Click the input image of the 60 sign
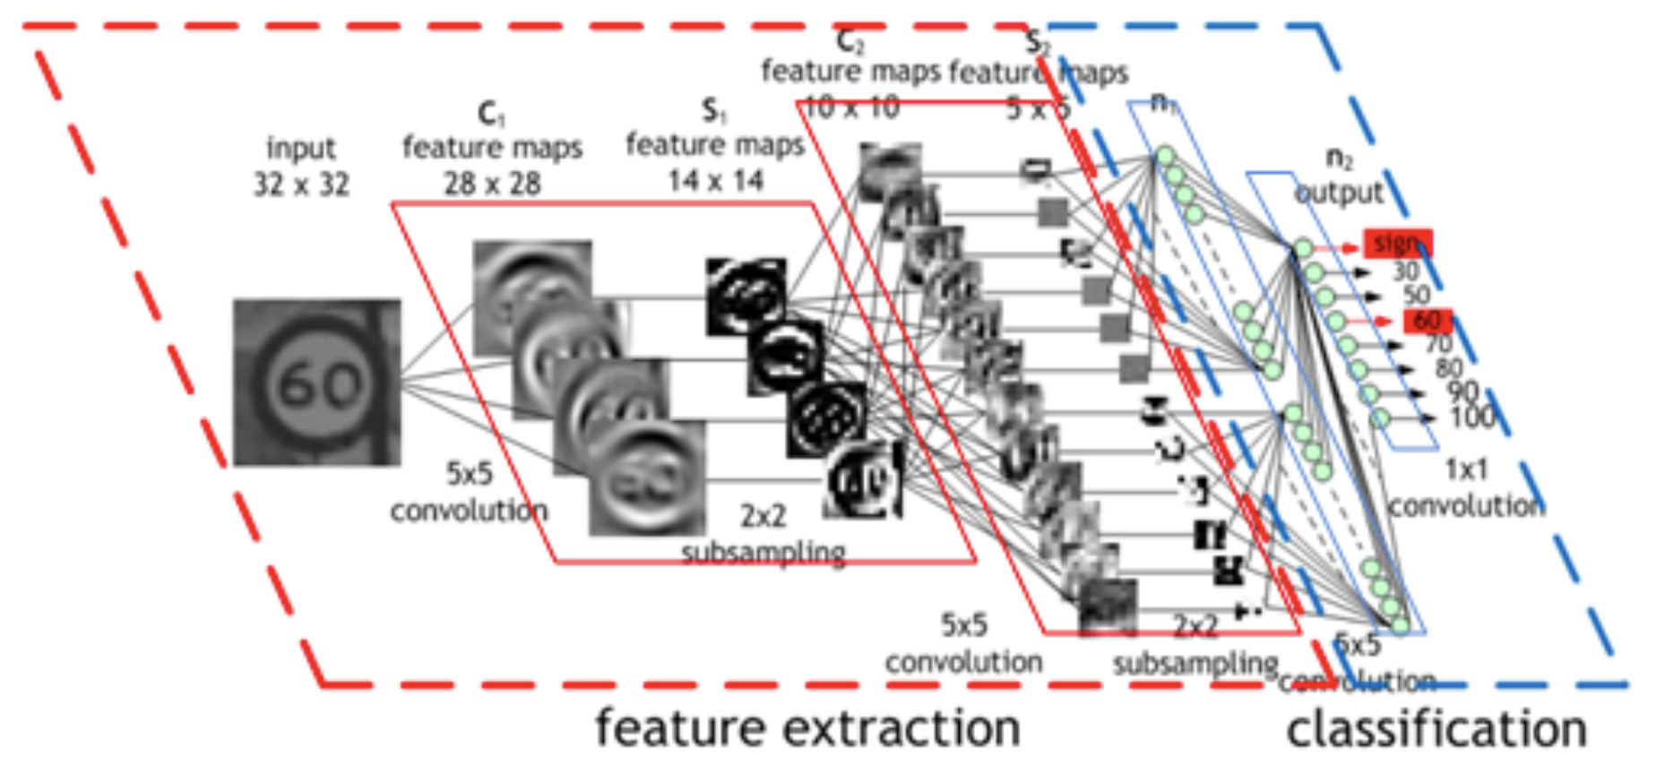pos(317,383)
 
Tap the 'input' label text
pos(301,148)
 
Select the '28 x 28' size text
pos(492,184)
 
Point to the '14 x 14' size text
pos(715,181)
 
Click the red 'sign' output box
pos(1397,243)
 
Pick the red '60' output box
pos(1426,321)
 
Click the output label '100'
pos(1472,417)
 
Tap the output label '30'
pos(1405,271)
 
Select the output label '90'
pos(1462,391)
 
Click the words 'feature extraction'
pos(808,728)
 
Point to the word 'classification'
pos(1436,730)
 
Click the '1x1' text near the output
pos(1466,469)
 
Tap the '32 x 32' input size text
pos(301,185)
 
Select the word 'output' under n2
pos(1340,193)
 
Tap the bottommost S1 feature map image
pos(862,482)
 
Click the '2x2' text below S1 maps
pos(763,516)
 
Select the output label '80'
pos(1448,368)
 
